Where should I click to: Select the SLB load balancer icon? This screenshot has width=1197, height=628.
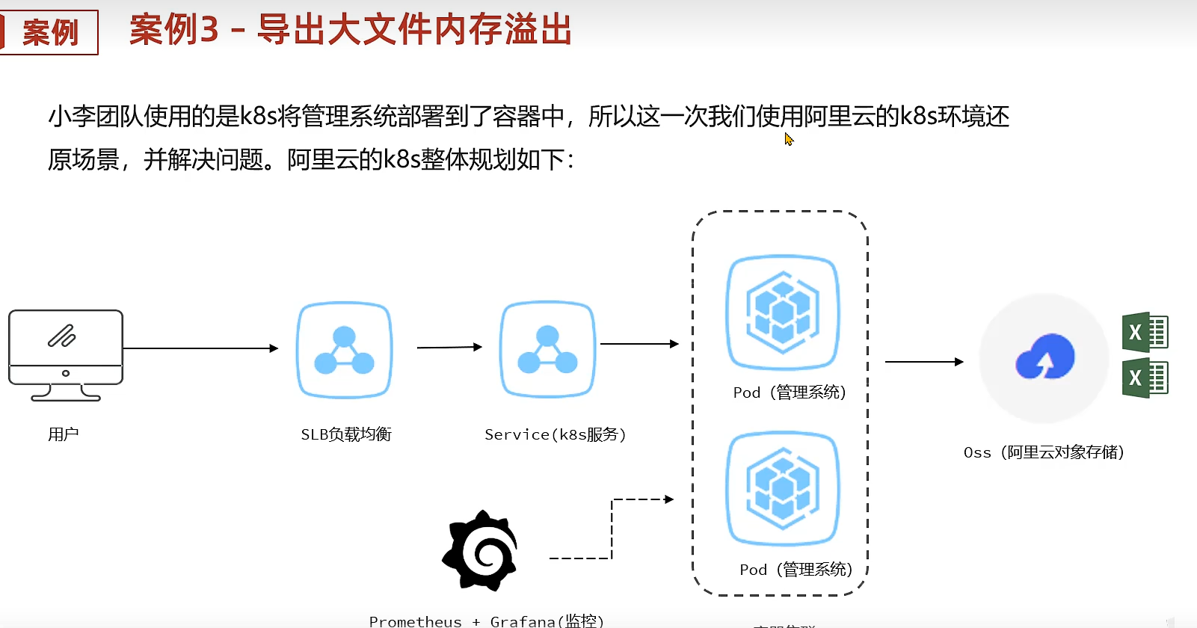344,350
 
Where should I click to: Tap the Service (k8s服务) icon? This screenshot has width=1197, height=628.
547,349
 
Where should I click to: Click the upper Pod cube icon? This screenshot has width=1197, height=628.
783,312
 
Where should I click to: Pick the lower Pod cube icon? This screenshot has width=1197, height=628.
783,488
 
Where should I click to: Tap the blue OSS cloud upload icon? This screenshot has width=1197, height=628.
1044,357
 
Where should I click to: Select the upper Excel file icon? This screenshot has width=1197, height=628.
1145,332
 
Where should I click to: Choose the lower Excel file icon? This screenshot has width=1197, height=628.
1145,378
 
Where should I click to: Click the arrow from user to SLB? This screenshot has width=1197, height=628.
200,348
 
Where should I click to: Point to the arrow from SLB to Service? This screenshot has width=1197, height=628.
449,347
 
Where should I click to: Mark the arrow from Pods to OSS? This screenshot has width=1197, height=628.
924,362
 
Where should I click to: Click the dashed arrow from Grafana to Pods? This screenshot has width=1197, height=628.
612,527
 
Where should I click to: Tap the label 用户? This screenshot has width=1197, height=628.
64,434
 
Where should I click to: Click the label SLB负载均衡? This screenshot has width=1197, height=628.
346,434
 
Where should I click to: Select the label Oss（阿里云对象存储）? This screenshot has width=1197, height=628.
1044,452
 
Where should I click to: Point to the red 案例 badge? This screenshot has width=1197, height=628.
49,32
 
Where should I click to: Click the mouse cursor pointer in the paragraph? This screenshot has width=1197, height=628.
789,139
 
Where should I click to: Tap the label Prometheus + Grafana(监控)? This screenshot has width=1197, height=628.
486,621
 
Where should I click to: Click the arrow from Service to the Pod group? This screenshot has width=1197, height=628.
639,344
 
